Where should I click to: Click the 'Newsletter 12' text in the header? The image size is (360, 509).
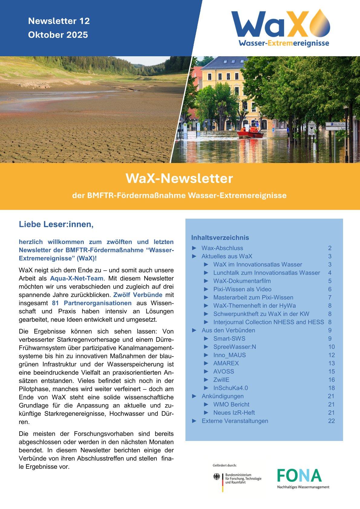pyautogui.click(x=59, y=21)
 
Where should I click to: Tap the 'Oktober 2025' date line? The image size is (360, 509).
pyautogui.click(x=58, y=35)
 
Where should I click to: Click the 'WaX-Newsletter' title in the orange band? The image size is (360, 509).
pyautogui.click(x=179, y=178)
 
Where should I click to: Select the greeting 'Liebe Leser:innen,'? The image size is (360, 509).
pyautogui.click(x=56, y=224)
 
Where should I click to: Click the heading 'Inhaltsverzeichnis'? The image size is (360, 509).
pyautogui.click(x=220, y=237)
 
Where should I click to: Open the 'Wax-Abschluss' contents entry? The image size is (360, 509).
pyautogui.click(x=222, y=248)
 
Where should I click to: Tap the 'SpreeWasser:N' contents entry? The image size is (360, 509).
pyautogui.click(x=234, y=347)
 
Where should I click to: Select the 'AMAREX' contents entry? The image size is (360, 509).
pyautogui.click(x=226, y=363)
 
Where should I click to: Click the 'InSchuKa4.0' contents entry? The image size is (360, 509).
pyautogui.click(x=231, y=388)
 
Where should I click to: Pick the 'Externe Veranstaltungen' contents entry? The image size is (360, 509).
pyautogui.click(x=235, y=421)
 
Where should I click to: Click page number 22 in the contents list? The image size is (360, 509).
pyautogui.click(x=331, y=421)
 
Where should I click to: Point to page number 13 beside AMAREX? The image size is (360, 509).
pyautogui.click(x=331, y=363)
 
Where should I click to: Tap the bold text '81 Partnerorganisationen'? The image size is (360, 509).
pyautogui.click(x=94, y=303)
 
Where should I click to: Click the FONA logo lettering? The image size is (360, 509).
pyautogui.click(x=299, y=475)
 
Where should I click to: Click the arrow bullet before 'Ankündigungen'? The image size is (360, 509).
pyautogui.click(x=195, y=396)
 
